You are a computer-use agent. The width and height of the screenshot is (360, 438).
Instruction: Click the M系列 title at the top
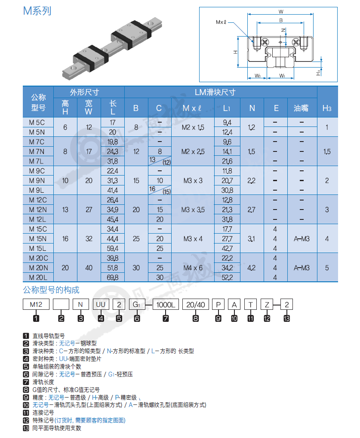(x=37, y=11)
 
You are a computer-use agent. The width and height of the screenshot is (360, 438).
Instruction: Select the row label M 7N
(x=37, y=152)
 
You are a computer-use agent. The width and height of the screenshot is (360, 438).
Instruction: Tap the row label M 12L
(x=38, y=219)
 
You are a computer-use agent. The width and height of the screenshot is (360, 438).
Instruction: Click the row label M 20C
(x=39, y=259)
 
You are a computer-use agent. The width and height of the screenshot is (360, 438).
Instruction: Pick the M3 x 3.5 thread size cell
(x=193, y=210)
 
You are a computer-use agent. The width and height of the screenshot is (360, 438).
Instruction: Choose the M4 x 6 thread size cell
(x=193, y=268)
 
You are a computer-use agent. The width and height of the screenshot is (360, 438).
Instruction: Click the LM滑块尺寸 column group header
(x=215, y=92)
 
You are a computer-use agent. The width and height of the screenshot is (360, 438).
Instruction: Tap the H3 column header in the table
(x=327, y=108)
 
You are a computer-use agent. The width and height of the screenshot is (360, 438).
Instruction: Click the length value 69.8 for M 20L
(x=113, y=278)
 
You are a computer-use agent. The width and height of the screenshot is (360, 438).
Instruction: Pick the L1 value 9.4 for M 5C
(x=227, y=123)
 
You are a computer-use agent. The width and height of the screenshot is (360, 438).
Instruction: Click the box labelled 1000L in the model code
(x=166, y=305)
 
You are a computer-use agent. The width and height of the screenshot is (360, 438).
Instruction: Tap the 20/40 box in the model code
(x=196, y=305)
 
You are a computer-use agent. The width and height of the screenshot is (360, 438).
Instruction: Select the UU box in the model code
(x=101, y=305)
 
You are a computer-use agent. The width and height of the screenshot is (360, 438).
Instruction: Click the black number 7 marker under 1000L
(x=166, y=318)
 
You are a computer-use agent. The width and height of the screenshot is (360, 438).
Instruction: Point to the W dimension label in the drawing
(x=281, y=12)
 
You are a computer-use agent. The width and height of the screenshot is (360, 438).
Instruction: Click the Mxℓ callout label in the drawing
(x=221, y=22)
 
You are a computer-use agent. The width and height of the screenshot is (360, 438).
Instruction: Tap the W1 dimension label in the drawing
(x=282, y=76)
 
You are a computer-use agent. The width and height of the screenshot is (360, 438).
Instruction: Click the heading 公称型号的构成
(x=51, y=290)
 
